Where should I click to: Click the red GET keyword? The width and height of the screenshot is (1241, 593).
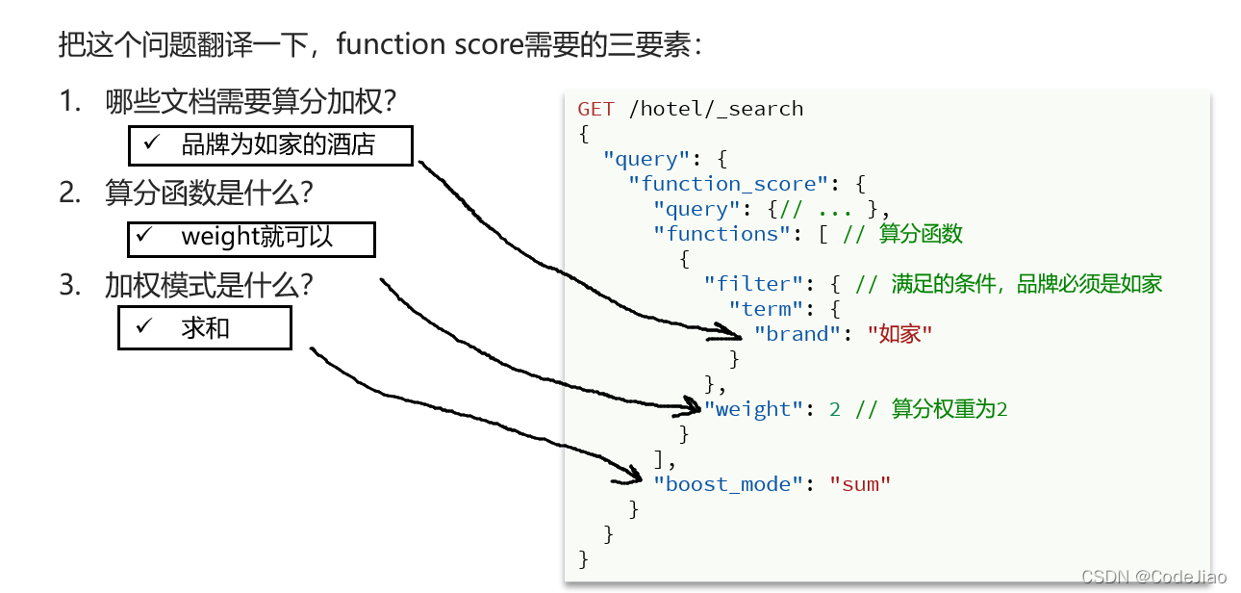596,109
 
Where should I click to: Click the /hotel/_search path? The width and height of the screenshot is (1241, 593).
716,109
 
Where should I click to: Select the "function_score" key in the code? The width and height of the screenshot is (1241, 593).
728,184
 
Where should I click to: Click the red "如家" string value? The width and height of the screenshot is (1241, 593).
899,334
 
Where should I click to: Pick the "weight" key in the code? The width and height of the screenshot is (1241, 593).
753,409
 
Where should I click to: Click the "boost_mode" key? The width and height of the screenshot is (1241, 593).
728,484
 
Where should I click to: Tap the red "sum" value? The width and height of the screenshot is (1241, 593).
860,484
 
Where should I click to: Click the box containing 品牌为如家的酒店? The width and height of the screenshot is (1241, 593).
270,145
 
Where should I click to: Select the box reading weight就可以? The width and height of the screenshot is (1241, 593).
251,238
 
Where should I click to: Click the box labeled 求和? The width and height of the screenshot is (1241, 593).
204,328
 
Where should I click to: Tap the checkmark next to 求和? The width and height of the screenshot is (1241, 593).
144,327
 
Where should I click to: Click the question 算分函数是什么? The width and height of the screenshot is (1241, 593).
209,193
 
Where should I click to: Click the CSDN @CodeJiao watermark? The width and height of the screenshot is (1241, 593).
1153,577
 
